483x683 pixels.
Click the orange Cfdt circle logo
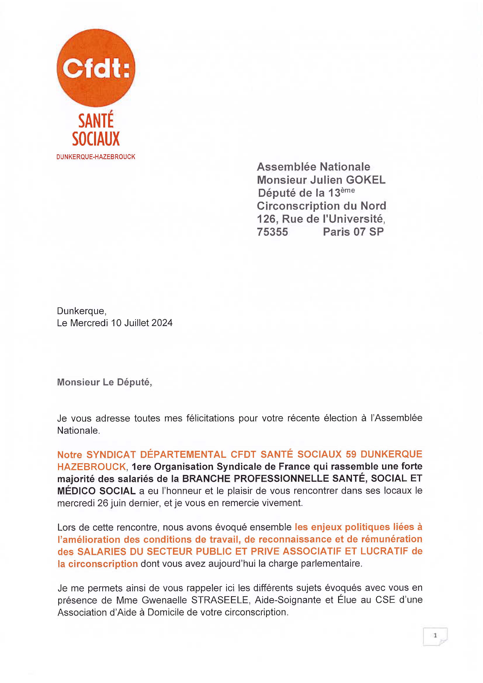tap(96, 68)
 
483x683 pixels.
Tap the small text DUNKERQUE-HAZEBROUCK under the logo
tap(96, 157)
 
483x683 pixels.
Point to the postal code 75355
tap(272, 232)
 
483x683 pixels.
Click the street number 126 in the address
tap(266, 219)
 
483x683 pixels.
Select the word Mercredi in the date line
tap(89, 323)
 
